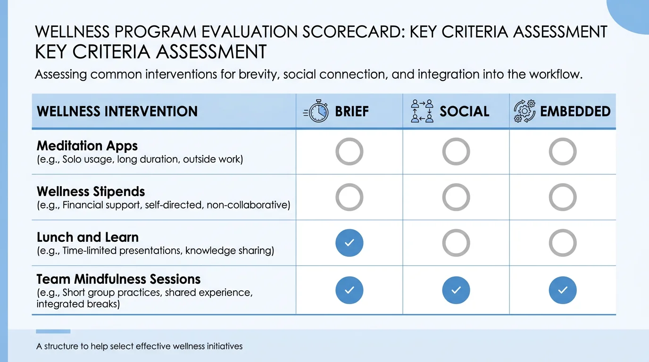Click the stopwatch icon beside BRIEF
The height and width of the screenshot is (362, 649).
tap(316, 111)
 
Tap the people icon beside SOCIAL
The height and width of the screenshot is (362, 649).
tap(422, 111)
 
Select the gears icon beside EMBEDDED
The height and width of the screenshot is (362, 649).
tap(524, 111)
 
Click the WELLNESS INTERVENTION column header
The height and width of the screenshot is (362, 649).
tap(117, 112)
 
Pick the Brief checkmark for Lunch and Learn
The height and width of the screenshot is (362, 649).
tap(349, 243)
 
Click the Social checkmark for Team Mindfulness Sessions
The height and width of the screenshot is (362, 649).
tap(456, 290)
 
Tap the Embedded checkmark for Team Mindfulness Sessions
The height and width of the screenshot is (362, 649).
tap(563, 290)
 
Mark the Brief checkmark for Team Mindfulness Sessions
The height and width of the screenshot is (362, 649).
tap(349, 290)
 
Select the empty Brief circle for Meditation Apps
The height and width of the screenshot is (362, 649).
tap(349, 152)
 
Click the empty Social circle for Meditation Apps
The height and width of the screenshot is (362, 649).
tap(456, 152)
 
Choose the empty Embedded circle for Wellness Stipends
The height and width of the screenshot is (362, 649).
tap(563, 197)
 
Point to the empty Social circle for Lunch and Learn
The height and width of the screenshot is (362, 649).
tap(456, 243)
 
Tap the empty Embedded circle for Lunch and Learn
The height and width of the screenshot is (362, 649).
tap(563, 243)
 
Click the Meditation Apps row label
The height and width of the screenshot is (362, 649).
tap(87, 146)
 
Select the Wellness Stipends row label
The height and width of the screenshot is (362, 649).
tap(91, 191)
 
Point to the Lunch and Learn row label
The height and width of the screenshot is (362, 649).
tap(88, 237)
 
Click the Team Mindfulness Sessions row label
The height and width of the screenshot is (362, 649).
tap(118, 279)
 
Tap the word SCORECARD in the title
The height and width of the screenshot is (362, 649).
tap(354, 32)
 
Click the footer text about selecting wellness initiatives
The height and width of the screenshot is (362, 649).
tap(139, 346)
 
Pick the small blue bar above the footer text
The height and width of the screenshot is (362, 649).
tap(53, 331)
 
